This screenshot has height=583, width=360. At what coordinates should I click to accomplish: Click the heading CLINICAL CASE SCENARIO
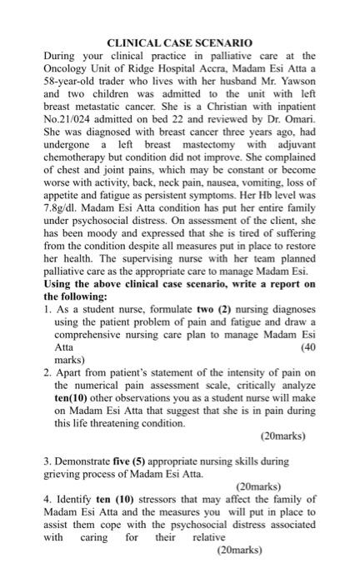180,41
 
